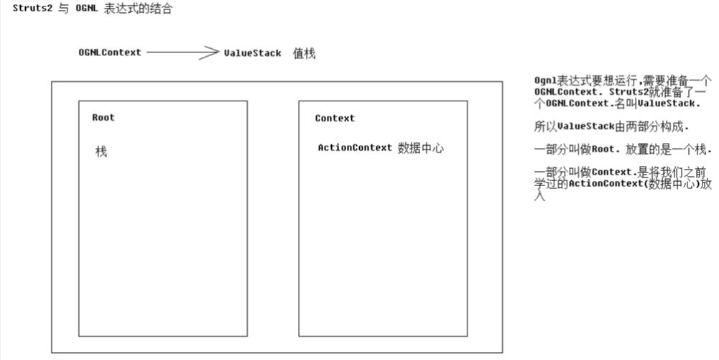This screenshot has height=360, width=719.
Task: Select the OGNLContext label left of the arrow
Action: pos(110,52)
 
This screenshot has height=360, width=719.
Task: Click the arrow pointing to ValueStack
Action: pos(180,52)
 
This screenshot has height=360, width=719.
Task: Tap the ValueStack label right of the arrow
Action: pos(252,53)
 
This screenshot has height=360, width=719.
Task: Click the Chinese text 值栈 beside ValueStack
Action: pos(304,53)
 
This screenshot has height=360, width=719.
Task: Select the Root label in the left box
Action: pos(103,118)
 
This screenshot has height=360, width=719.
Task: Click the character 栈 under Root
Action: pos(101,152)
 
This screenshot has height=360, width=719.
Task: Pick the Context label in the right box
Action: pos(335,119)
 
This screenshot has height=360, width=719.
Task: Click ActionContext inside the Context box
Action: pos(355,148)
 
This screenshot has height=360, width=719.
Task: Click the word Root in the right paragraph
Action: pos(605,150)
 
